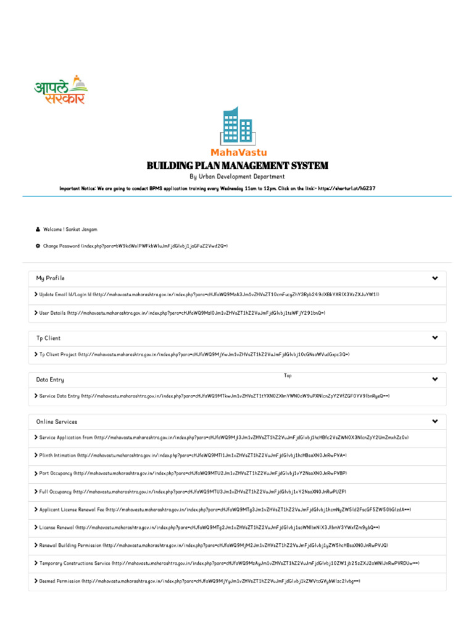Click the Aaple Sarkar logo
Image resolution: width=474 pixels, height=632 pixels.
tap(60, 91)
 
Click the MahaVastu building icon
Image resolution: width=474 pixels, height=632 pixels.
tap(237, 126)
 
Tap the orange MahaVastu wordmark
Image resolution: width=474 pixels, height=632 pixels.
tap(237, 152)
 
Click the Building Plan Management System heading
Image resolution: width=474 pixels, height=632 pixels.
tap(237, 165)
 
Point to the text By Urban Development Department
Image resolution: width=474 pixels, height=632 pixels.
tap(237, 177)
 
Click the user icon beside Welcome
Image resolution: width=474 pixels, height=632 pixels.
tap(38, 230)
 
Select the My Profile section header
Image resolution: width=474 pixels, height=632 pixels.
tap(51, 278)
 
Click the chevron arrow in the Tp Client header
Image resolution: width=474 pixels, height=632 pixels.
tap(435, 338)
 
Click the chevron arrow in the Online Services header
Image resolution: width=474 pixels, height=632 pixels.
tap(435, 422)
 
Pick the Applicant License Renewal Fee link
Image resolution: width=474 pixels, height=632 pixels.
tap(225, 510)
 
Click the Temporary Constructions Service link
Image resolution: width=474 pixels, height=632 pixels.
tap(230, 563)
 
